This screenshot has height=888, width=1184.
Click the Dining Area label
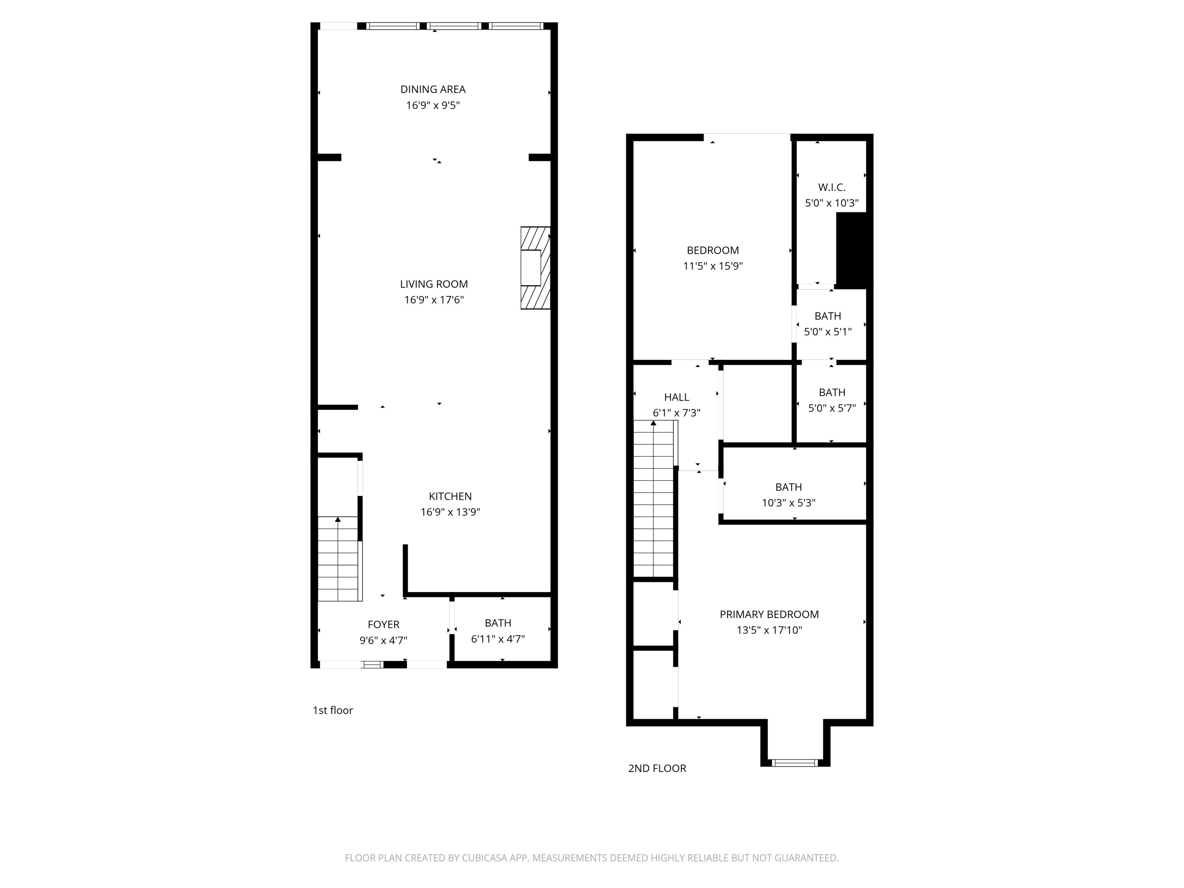pyautogui.click(x=433, y=89)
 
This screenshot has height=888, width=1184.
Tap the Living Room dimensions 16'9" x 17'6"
pyautogui.click(x=434, y=300)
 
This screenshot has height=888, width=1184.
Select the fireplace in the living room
pyautogui.click(x=535, y=268)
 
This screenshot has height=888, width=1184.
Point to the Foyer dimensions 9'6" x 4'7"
pyautogui.click(x=383, y=640)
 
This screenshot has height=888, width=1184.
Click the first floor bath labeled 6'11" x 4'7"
pyautogui.click(x=497, y=631)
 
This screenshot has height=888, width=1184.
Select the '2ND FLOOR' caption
pyautogui.click(x=657, y=768)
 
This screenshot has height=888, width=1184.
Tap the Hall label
pyautogui.click(x=676, y=397)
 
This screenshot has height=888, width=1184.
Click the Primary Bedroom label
pyautogui.click(x=769, y=614)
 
